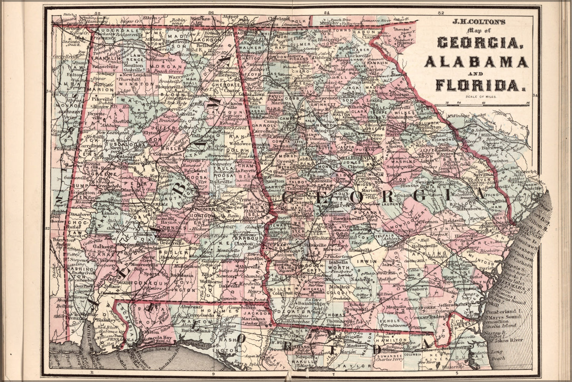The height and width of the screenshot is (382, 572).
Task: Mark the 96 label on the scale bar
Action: [528, 102]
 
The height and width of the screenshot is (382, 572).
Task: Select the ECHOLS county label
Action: [390, 321]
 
